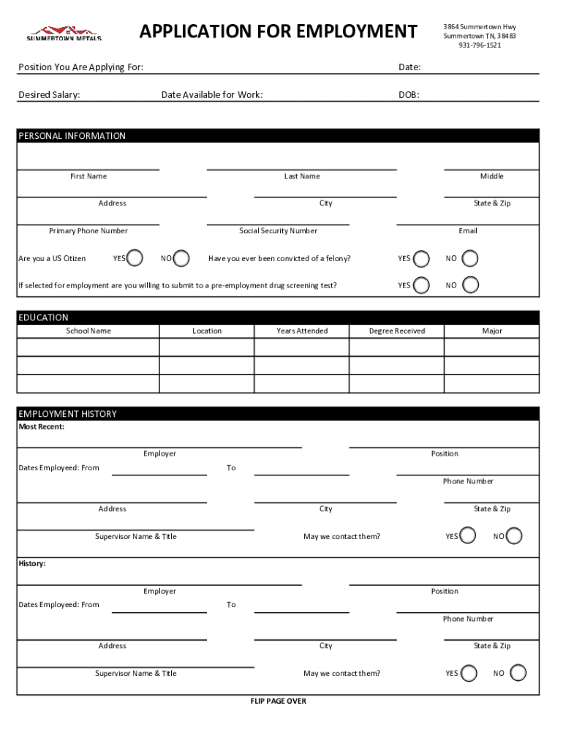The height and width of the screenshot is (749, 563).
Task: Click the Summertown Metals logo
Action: [x=64, y=33]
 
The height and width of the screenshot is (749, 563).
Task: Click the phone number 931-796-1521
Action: [x=480, y=45]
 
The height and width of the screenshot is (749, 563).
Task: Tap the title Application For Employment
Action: [x=278, y=31]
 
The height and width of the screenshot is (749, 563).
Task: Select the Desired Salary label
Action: [x=49, y=95]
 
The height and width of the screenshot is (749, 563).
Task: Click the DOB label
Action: [x=409, y=95]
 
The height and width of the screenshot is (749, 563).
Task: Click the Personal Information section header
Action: [x=72, y=136]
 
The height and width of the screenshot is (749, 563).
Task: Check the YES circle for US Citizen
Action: [x=135, y=258]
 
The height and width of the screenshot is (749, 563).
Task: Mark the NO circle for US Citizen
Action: [x=182, y=258]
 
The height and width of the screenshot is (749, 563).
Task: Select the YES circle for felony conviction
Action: [x=421, y=258]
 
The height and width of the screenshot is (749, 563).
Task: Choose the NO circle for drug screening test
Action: [x=472, y=285]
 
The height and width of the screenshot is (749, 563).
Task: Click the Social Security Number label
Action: [x=278, y=231]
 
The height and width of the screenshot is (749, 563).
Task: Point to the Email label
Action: [x=468, y=231]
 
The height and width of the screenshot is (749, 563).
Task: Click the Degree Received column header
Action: [x=396, y=331]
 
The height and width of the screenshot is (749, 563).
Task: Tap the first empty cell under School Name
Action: [x=88, y=347]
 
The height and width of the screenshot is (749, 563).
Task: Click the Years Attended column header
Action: [x=302, y=331]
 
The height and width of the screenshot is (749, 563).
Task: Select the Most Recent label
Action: [x=41, y=427]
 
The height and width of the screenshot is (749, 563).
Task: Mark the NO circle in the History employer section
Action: [x=518, y=673]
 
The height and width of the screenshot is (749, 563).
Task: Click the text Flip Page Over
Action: [x=278, y=701]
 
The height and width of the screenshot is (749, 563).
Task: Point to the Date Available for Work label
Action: [x=212, y=95]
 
